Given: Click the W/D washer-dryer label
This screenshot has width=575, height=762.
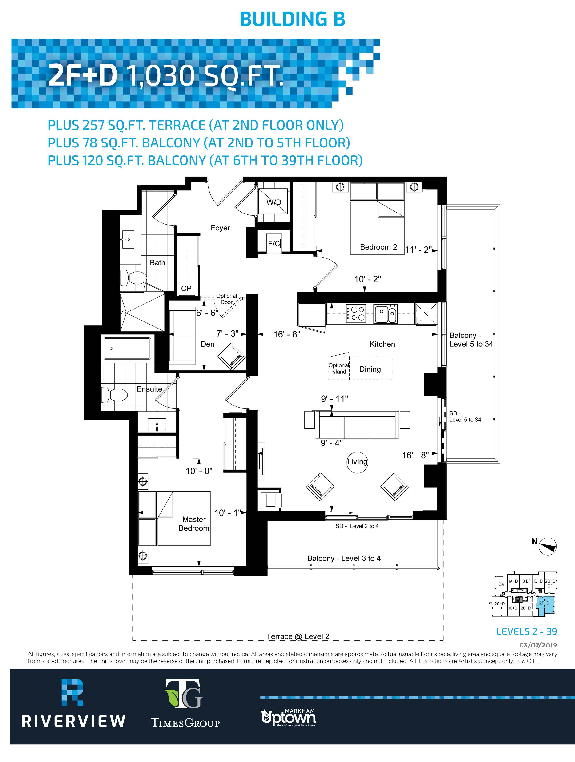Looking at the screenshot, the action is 274,202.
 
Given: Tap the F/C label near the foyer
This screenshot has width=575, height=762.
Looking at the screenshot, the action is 274,244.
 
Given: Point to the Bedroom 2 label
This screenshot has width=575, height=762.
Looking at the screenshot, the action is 378,247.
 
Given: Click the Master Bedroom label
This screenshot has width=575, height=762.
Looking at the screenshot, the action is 194,524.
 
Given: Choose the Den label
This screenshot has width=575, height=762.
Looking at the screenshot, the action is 208,344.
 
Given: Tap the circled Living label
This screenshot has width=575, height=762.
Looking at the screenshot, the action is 357,462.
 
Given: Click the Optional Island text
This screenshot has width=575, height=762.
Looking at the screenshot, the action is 338,369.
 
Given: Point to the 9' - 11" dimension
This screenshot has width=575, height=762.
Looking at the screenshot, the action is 334,399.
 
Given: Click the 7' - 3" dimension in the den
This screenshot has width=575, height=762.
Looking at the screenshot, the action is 227,333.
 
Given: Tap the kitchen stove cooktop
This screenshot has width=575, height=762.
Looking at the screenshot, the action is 356,314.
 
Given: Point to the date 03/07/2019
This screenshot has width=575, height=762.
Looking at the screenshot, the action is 538,645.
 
